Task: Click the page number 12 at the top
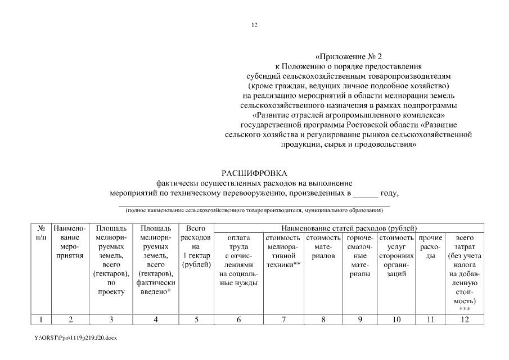(x=254, y=25)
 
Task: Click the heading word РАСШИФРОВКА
(x=254, y=173)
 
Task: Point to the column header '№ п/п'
(x=41, y=233)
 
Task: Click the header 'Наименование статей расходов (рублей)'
(x=348, y=228)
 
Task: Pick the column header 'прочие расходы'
(x=430, y=246)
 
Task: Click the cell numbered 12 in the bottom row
(x=464, y=319)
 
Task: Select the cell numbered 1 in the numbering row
(x=41, y=319)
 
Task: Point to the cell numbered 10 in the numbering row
(x=397, y=319)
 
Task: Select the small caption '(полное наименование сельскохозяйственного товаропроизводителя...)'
(x=254, y=210)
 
